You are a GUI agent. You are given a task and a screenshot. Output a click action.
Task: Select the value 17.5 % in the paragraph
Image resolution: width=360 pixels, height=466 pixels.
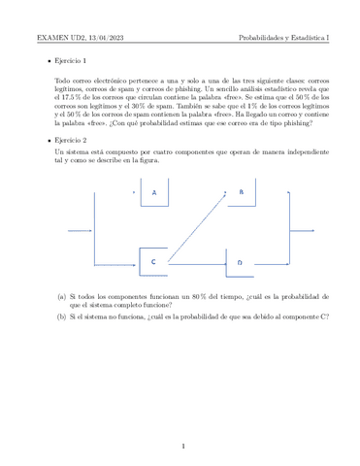71,97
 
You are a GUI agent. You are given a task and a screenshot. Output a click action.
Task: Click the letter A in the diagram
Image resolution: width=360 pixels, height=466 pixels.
153,193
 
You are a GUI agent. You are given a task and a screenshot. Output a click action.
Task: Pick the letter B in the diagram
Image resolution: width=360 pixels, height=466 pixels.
241,192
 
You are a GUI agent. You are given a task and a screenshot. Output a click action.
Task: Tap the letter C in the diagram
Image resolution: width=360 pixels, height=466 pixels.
152,262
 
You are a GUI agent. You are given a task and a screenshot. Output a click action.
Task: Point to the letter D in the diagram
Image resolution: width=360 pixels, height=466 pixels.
240,262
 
